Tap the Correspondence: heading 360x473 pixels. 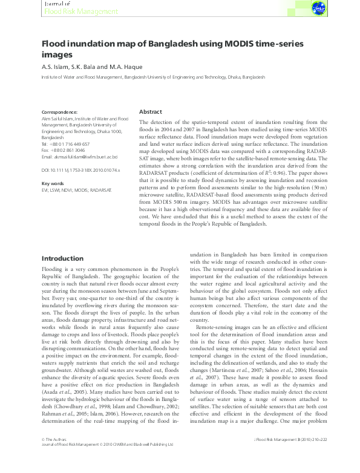point(59,113)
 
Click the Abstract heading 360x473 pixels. point(151,113)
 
